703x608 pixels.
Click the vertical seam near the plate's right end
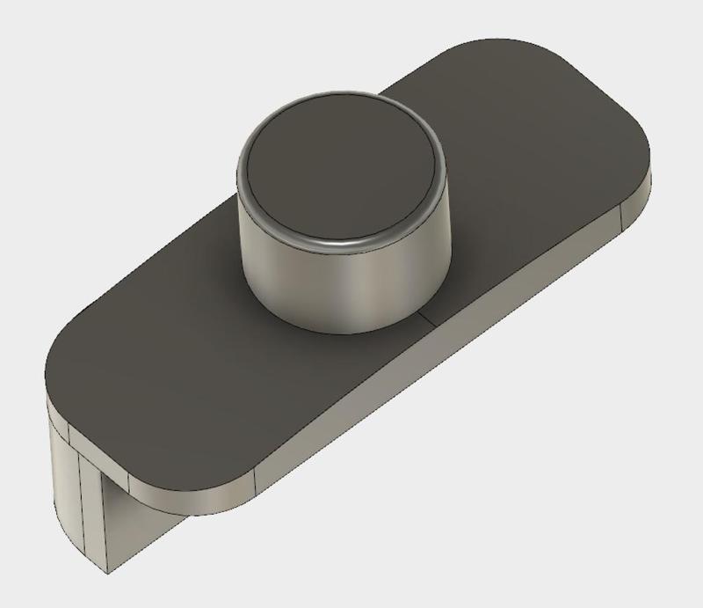[x=621, y=216]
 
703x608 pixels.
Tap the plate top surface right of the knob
[x=527, y=176]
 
